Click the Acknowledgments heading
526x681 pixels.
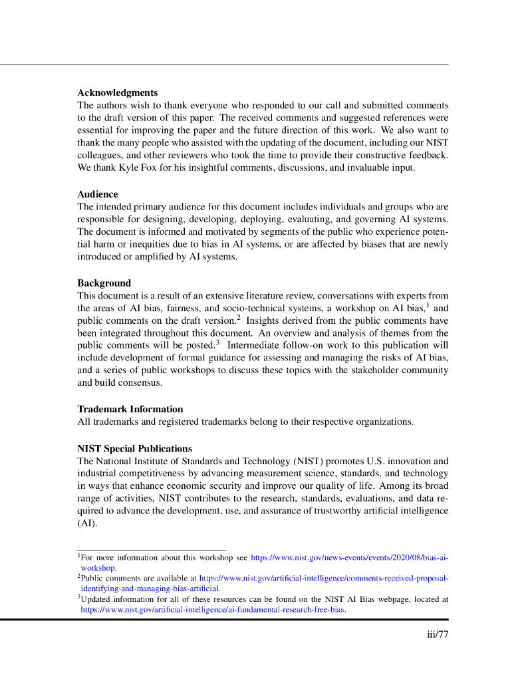pyautogui.click(x=117, y=92)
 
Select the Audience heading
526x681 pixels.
pyautogui.click(x=97, y=194)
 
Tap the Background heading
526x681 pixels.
pyautogui.click(x=104, y=283)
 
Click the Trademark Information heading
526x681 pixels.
pyautogui.click(x=130, y=408)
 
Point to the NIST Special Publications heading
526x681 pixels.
pyautogui.click(x=134, y=448)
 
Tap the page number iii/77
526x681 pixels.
pyautogui.click(x=438, y=634)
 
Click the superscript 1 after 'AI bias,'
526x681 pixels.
pyautogui.click(x=428, y=305)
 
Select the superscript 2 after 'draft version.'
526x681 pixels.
pyautogui.click(x=238, y=318)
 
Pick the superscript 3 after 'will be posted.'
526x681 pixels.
pyautogui.click(x=217, y=342)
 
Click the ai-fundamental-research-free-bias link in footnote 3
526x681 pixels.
pyautogui.click(x=213, y=609)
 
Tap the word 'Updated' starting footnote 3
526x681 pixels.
pyautogui.click(x=95, y=599)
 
